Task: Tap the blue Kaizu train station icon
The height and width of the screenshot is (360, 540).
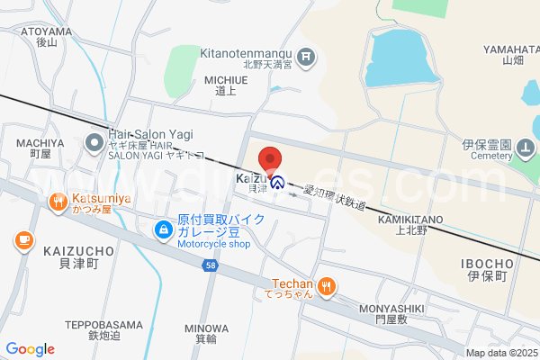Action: pyautogui.click(x=278, y=183)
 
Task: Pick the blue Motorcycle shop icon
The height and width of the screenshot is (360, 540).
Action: pyautogui.click(x=163, y=231)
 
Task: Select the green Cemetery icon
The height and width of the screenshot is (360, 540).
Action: pyautogui.click(x=527, y=149)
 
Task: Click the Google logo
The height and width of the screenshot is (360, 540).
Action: pyautogui.click(x=30, y=349)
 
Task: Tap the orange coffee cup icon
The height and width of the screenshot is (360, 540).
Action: pyautogui.click(x=22, y=240)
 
